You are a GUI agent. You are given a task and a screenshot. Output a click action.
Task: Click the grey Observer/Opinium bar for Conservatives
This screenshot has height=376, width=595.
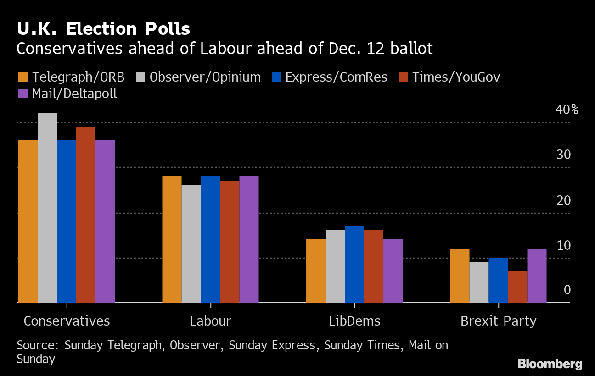tap(47, 208)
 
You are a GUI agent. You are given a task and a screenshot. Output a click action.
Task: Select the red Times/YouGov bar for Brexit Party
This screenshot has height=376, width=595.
tap(517, 287)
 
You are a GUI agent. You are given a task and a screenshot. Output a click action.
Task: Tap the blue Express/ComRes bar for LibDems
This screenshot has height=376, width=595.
tap(354, 264)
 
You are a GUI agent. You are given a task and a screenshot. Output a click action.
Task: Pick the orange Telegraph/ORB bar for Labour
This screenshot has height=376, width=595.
tap(172, 239)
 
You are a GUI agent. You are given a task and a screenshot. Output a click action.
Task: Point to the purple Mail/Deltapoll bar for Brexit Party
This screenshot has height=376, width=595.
tap(537, 276)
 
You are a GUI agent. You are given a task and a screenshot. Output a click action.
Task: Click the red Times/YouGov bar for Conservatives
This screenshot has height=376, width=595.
tap(86, 215)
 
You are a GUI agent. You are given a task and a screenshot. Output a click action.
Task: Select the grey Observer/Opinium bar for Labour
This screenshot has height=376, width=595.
tap(191, 244)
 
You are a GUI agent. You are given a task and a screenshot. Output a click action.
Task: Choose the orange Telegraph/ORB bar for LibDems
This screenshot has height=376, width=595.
tap(316, 271)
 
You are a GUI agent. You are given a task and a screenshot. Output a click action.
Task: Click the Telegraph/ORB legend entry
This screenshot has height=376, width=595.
tap(71, 77)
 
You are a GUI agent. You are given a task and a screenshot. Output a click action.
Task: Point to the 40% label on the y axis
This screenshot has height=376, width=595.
tap(567, 110)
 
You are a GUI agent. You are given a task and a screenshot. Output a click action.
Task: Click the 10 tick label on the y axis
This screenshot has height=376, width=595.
tap(563, 246)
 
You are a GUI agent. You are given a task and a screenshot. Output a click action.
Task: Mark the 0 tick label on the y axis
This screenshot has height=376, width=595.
tap(567, 290)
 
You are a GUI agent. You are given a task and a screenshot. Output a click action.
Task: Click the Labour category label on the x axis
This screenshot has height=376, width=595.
tap(211, 321)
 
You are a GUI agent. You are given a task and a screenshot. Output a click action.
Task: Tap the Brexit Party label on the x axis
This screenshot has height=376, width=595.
tap(498, 321)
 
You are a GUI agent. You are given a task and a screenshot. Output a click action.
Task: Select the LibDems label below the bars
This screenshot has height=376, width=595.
tap(354, 321)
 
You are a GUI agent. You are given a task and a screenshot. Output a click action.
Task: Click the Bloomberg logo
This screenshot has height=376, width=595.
tap(550, 364)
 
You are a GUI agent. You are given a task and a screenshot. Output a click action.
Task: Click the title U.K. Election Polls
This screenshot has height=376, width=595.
tap(103, 29)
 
